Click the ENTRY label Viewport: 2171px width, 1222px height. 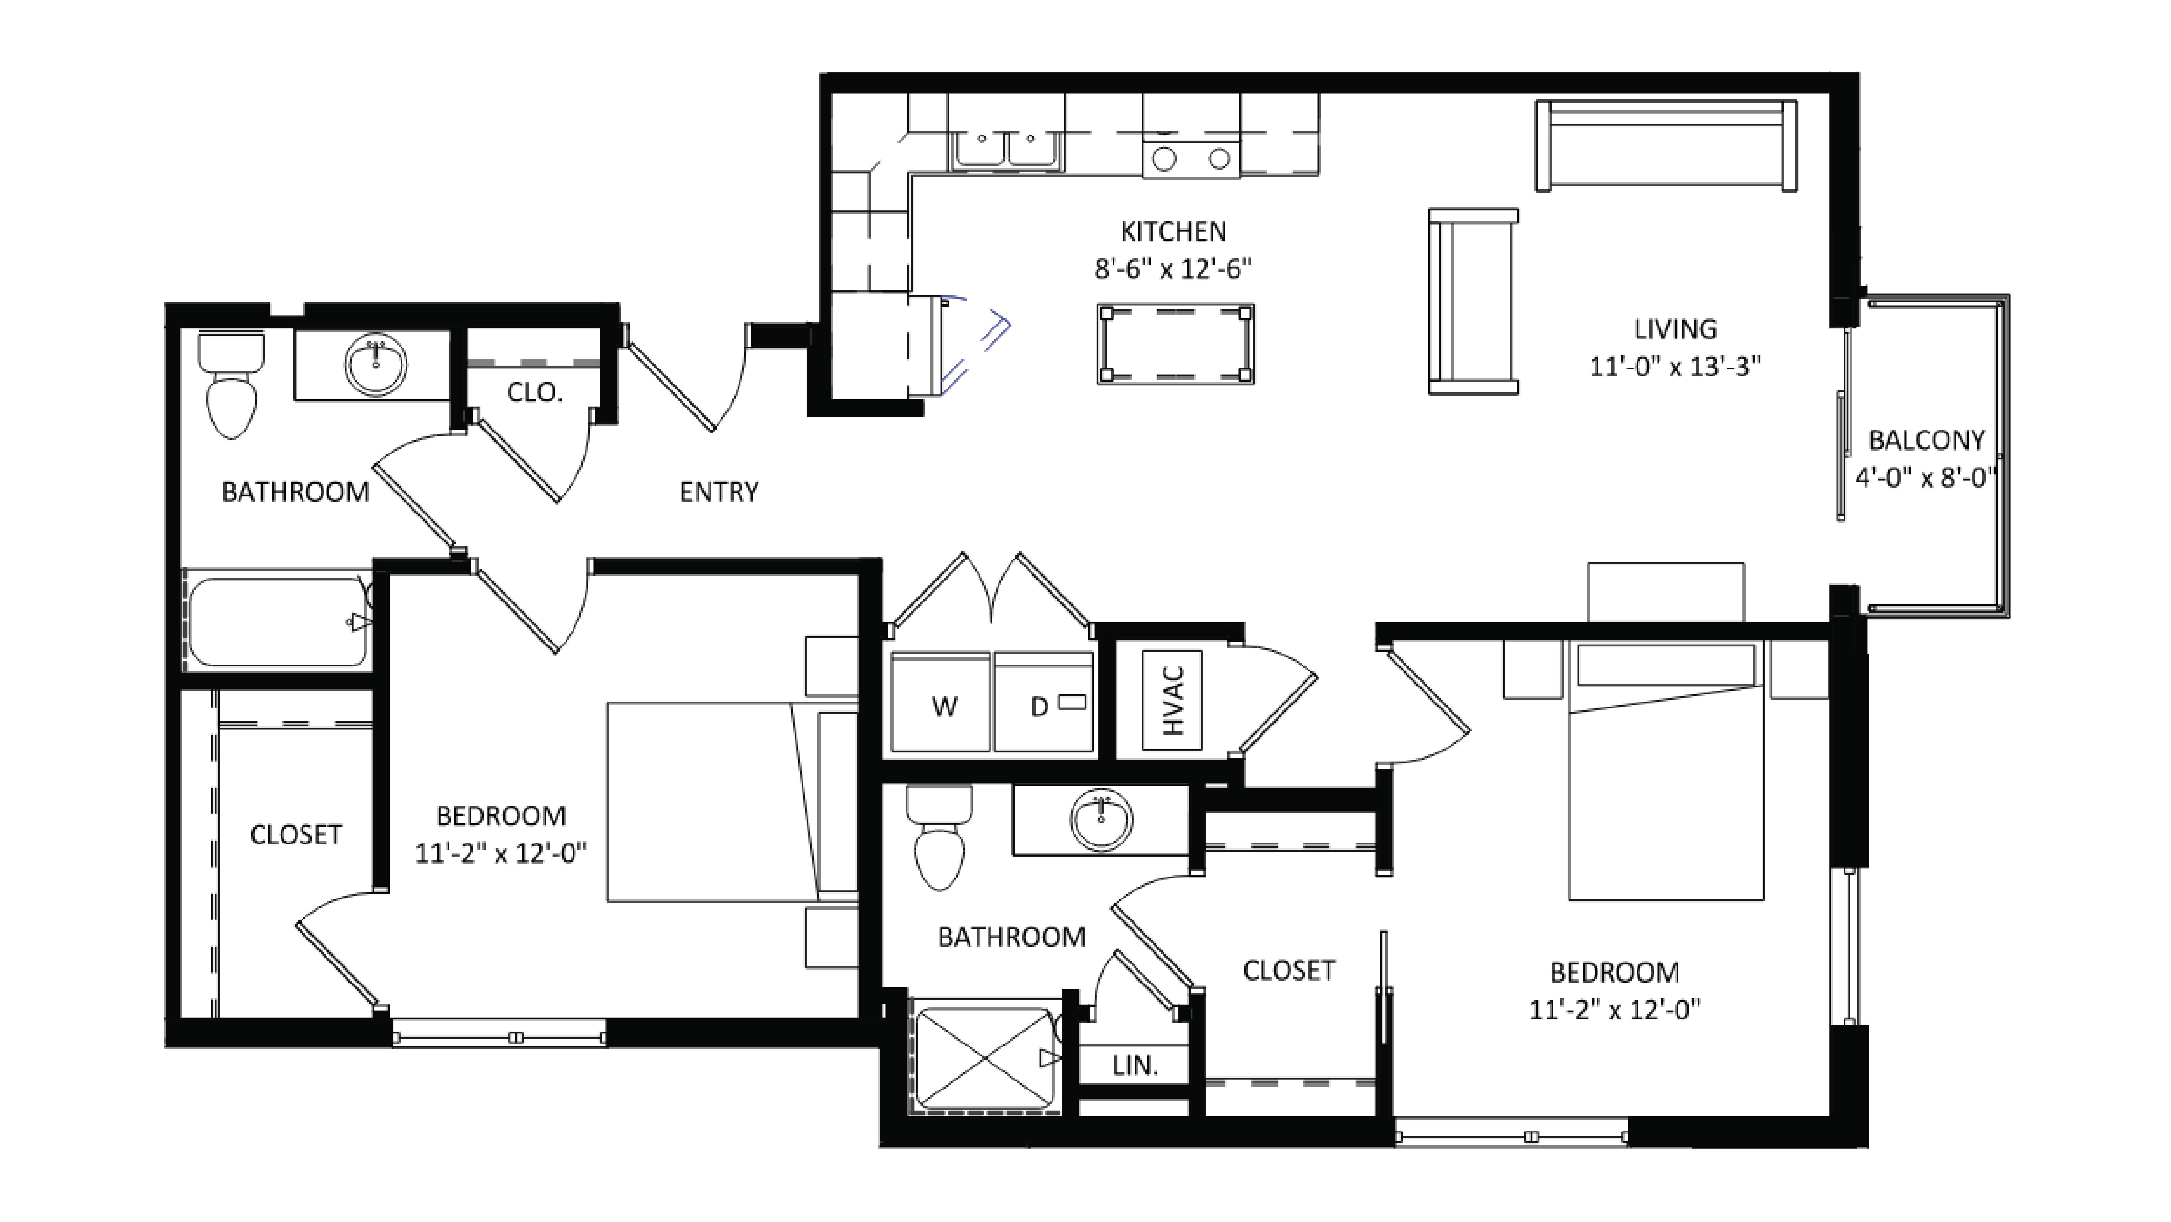click(719, 492)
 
